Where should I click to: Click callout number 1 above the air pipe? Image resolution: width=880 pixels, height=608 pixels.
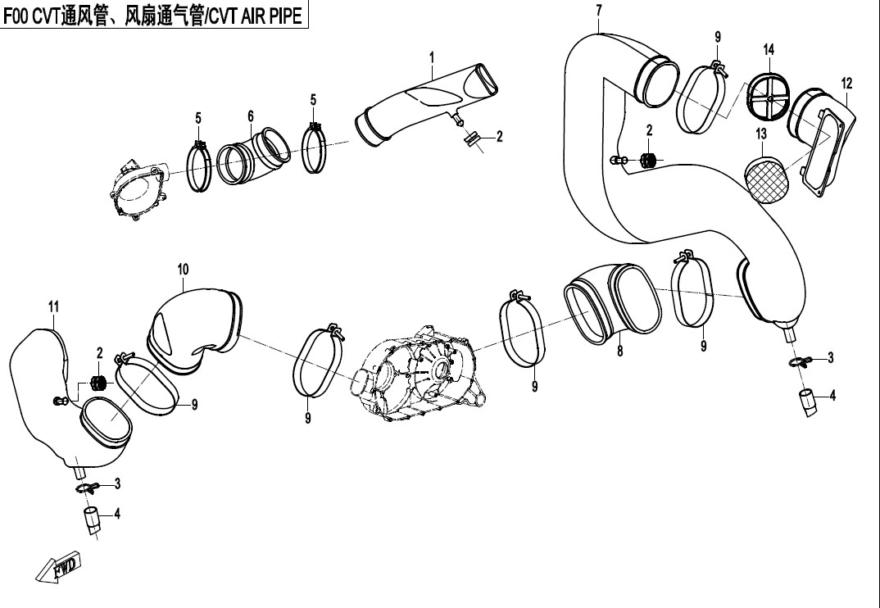click(x=432, y=57)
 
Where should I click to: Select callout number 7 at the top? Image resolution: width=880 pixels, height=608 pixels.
click(x=599, y=10)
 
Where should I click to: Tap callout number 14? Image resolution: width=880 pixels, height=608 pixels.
click(x=769, y=49)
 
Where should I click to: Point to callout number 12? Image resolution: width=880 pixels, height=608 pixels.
click(x=847, y=84)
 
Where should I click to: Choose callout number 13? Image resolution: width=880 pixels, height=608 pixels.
click(x=761, y=134)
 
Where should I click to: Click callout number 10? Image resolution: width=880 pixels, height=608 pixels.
click(x=183, y=270)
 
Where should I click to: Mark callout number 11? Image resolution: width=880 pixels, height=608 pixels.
click(x=53, y=306)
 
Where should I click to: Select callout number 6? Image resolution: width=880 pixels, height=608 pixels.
click(x=251, y=116)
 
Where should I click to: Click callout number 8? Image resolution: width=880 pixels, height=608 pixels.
click(x=619, y=351)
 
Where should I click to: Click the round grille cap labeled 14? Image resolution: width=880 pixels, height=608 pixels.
click(x=769, y=93)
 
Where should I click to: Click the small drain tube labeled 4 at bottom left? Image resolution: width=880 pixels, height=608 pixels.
click(x=92, y=520)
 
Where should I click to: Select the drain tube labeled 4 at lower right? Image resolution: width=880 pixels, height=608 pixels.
click(x=808, y=402)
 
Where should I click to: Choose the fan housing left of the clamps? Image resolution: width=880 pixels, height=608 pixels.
click(x=138, y=188)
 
